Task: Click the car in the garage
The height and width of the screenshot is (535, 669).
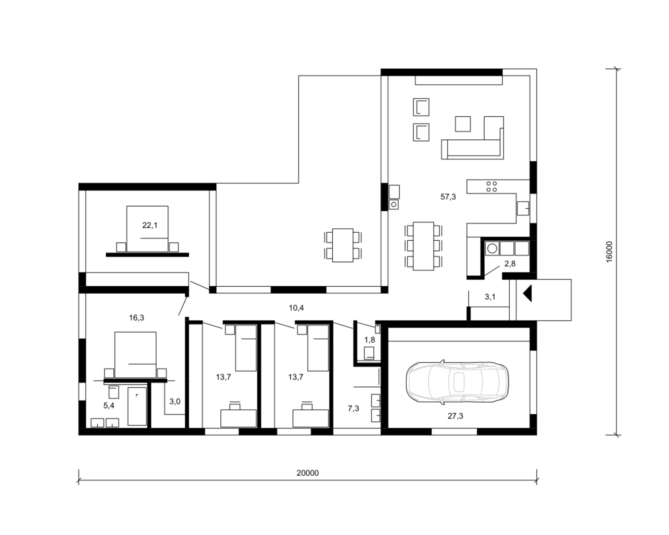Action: [457, 382]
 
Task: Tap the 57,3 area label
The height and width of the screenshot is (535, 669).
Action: [448, 197]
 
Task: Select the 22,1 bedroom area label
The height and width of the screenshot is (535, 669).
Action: [149, 226]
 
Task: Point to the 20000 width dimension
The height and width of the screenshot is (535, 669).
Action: [307, 473]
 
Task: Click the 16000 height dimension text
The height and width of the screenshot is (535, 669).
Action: [609, 251]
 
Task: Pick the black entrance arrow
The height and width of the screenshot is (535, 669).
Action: [527, 293]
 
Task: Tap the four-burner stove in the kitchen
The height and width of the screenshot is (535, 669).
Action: [491, 186]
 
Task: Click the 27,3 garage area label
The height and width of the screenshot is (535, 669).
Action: [455, 416]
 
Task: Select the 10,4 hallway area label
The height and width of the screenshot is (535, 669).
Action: [296, 308]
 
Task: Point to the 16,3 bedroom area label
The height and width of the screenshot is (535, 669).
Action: [136, 318]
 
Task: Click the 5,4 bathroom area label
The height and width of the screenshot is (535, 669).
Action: [109, 405]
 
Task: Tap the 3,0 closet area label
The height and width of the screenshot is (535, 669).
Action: [175, 401]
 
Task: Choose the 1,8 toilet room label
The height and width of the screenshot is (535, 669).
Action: [370, 340]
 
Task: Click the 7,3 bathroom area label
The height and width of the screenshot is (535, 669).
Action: [354, 408]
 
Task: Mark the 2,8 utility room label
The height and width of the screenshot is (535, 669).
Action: [510, 263]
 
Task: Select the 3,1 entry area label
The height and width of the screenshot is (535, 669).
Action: [490, 297]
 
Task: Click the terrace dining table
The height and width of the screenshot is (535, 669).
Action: [343, 245]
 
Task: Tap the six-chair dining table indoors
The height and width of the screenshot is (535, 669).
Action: [423, 246]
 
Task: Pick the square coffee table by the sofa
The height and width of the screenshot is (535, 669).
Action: [463, 124]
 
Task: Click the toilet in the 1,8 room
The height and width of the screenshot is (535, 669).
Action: [369, 353]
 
